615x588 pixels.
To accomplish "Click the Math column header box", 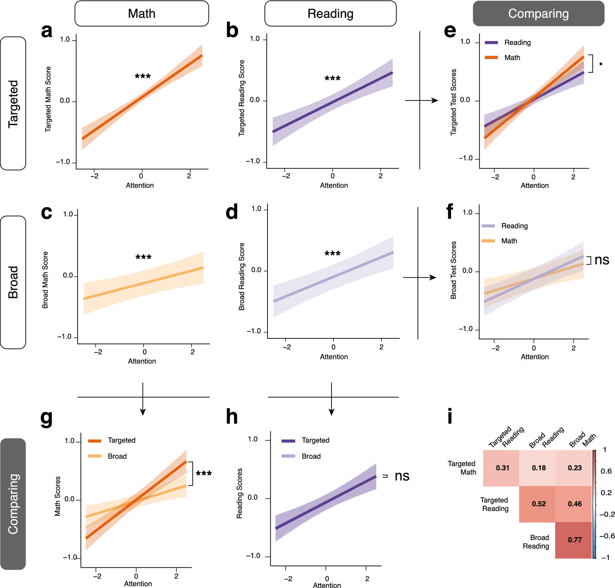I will pyautogui.click(x=142, y=13).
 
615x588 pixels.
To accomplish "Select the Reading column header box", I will pyautogui.click(x=330, y=13).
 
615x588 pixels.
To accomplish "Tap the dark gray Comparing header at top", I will pyautogui.click(x=538, y=13).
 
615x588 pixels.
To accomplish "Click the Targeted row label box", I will pyautogui.click(x=13, y=103).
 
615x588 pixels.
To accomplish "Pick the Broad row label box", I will pyautogui.click(x=13, y=282).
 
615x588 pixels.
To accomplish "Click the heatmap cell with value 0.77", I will pyautogui.click(x=574, y=540).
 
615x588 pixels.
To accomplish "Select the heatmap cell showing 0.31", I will pyautogui.click(x=502, y=468).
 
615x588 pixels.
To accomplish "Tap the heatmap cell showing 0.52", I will pyautogui.click(x=539, y=504).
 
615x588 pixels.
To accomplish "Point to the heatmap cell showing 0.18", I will pyautogui.click(x=539, y=468).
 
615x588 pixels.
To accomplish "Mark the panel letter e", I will pyautogui.click(x=450, y=31).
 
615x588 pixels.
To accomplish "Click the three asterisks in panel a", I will pyautogui.click(x=143, y=76).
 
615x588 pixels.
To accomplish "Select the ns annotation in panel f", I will pyautogui.click(x=602, y=260).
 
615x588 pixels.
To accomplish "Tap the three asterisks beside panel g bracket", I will pyautogui.click(x=204, y=473).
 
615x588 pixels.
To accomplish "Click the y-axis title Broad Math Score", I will pyautogui.click(x=45, y=280).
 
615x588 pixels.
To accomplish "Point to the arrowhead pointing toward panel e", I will pyautogui.click(x=435, y=100).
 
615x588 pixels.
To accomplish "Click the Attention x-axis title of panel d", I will pyautogui.click(x=334, y=357).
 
